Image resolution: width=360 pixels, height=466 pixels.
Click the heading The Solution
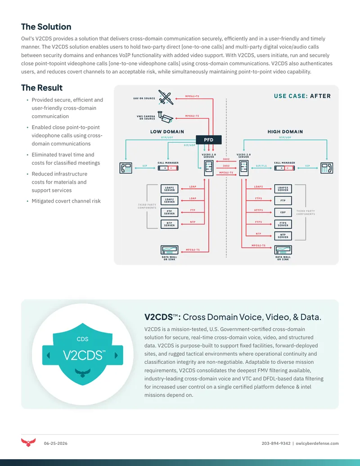click(46, 27)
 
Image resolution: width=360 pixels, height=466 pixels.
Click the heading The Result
click(42, 88)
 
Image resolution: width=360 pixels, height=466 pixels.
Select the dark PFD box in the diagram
click(208, 140)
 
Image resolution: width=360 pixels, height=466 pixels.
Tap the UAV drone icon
click(166, 97)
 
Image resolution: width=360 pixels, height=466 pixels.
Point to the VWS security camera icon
click(165, 117)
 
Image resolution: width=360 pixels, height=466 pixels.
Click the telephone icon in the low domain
click(126, 168)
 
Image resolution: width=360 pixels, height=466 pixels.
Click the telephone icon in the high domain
click(326, 168)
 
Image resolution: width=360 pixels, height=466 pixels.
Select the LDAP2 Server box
click(169, 201)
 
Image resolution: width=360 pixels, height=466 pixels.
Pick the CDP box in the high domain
click(283, 212)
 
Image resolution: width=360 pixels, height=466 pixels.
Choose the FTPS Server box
click(283, 224)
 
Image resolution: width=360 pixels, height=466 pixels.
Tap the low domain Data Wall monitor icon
click(169, 249)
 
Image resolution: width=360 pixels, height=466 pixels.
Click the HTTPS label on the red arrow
click(258, 210)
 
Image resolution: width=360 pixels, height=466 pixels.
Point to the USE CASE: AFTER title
click(302, 96)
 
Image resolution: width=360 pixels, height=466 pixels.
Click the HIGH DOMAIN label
click(285, 131)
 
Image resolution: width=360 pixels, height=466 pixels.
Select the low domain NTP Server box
click(169, 224)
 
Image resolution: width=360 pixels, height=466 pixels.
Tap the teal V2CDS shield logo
click(82, 354)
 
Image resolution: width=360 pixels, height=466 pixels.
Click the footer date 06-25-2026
click(55, 443)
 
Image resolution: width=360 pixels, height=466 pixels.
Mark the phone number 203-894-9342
click(276, 443)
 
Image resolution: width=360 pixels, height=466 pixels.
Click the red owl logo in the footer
click(28, 443)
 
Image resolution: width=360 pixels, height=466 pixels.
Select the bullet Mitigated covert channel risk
click(66, 201)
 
